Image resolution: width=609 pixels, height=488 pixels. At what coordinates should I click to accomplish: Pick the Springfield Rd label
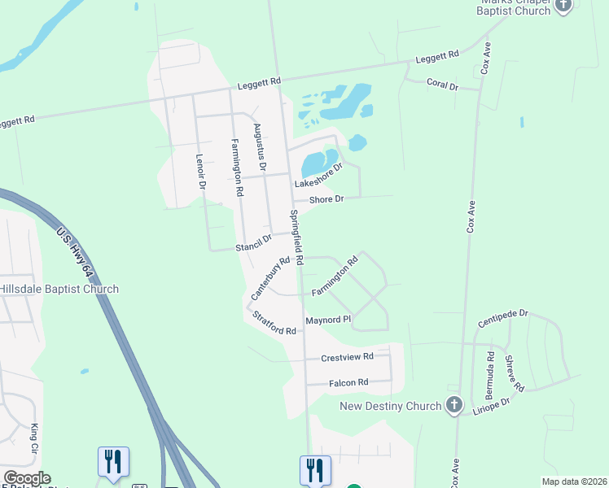click(296, 238)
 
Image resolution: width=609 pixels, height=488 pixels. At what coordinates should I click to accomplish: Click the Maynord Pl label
click(327, 320)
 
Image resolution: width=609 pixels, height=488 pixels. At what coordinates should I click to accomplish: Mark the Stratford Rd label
click(274, 324)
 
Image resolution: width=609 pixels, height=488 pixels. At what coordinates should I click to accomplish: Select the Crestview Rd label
click(347, 357)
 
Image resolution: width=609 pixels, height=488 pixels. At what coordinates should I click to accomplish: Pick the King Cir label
click(34, 438)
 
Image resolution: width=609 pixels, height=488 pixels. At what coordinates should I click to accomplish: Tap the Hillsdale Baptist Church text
click(59, 289)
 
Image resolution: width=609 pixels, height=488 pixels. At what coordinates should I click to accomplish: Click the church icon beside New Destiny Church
click(454, 405)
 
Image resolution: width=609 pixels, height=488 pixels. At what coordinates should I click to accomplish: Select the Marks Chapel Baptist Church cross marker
click(563, 7)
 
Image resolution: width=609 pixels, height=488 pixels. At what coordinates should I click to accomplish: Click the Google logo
click(27, 478)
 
